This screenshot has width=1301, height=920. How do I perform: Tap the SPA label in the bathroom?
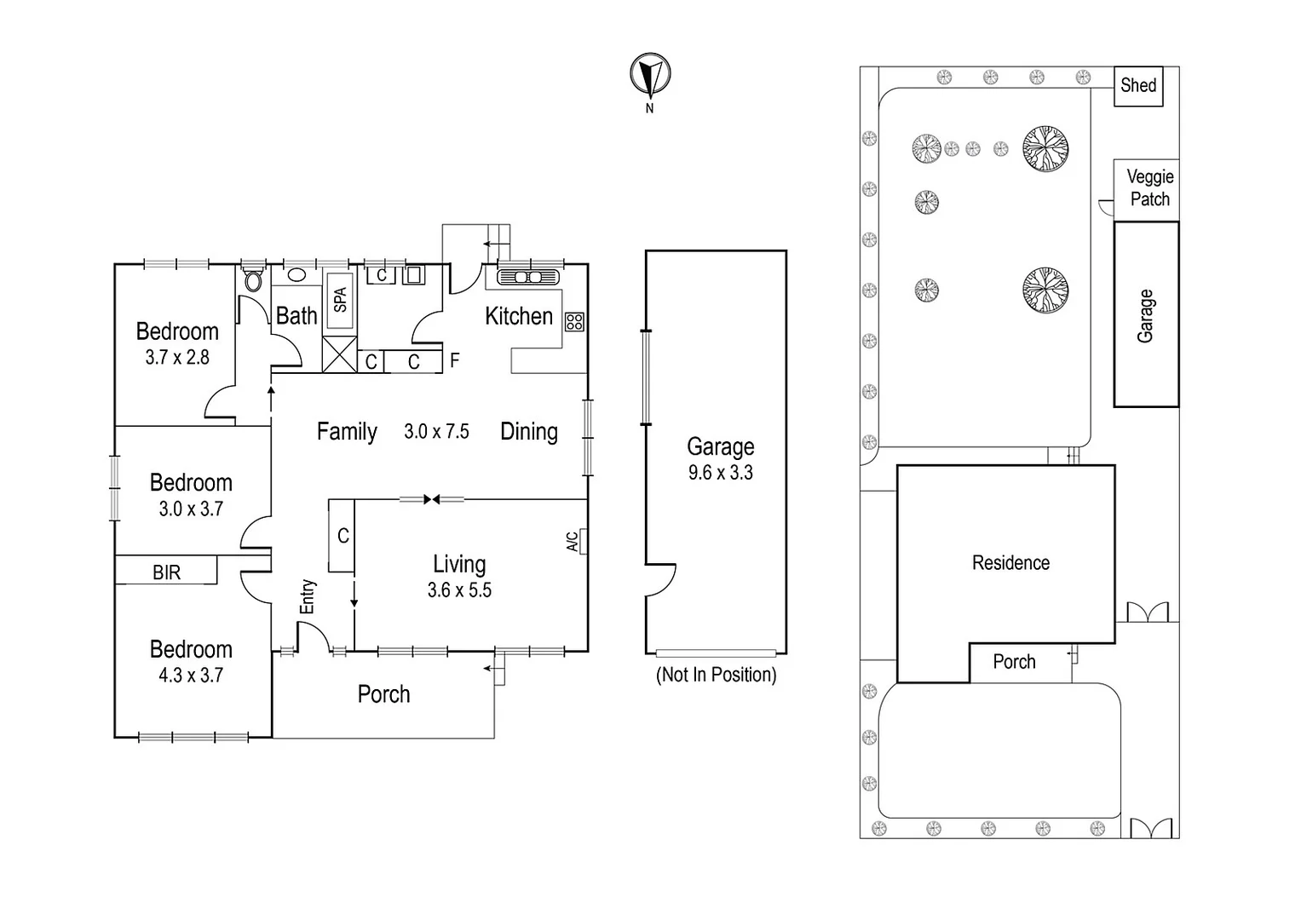coord(340,300)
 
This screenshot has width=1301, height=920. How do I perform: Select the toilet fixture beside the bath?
coord(253,279)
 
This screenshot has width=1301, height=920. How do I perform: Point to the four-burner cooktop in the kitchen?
coord(575,321)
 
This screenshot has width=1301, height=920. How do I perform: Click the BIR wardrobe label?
coord(167,572)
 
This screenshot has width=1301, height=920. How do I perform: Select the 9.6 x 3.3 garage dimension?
coord(720,473)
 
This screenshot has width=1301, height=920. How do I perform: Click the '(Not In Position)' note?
coord(716,675)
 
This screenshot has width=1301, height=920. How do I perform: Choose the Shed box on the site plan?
coord(1138,85)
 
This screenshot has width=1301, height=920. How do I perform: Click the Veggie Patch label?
coord(1149,187)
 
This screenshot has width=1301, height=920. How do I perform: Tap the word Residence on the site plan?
coord(1010,563)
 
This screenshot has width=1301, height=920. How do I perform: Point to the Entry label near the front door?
coord(308,596)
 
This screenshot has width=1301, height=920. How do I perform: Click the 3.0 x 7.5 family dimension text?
coord(436,432)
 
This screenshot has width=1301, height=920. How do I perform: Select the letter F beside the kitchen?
coord(455,360)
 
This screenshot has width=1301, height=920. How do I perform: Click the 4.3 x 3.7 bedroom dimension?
coord(191,676)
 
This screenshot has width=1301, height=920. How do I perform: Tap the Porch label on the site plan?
coord(1014,662)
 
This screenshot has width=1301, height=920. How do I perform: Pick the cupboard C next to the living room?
coord(343,536)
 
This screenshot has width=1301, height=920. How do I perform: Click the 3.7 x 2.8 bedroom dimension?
coord(177,358)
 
